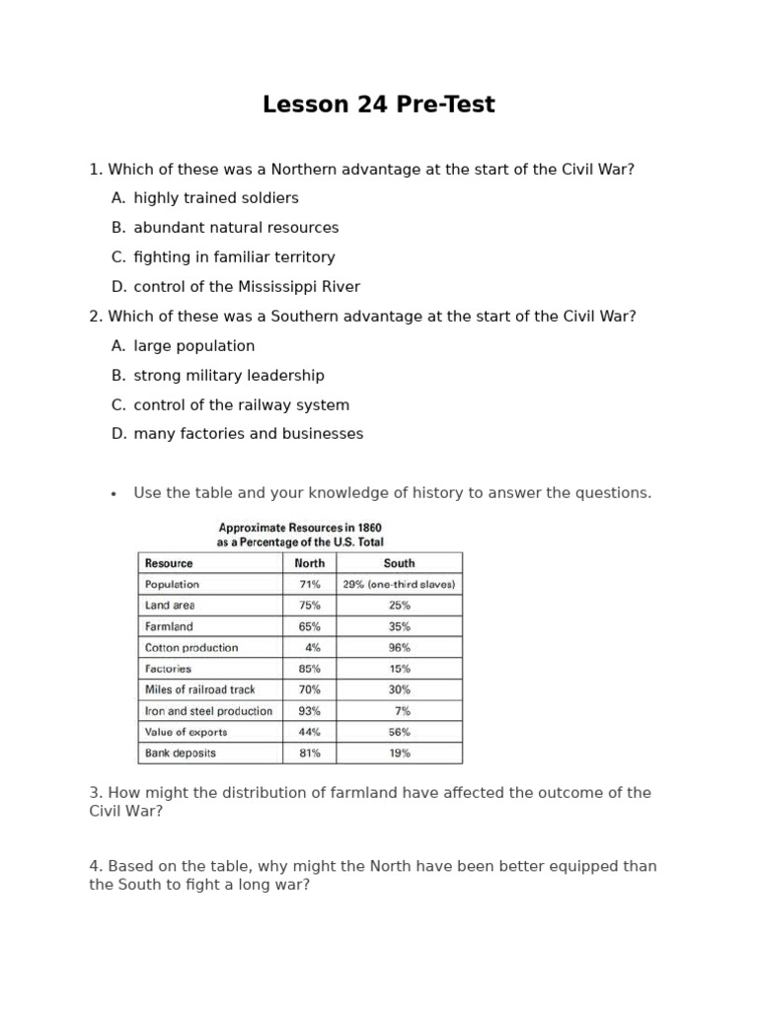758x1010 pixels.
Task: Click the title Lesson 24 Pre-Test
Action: point(379,105)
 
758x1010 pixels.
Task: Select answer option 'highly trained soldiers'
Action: point(216,198)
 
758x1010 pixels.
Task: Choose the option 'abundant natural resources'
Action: point(236,228)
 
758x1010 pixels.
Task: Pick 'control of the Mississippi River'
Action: point(247,287)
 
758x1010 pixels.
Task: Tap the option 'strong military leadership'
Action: point(229,376)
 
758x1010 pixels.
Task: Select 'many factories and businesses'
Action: point(249,434)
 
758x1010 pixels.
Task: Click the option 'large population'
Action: point(194,346)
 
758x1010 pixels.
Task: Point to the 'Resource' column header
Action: point(169,563)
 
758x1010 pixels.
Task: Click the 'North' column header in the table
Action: point(310,563)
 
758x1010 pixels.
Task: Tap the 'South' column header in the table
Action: point(399,563)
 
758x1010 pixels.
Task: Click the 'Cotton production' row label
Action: point(191,648)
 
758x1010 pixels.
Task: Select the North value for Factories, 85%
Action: point(309,669)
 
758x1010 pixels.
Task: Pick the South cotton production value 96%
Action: point(400,648)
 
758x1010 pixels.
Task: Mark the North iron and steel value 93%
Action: point(309,711)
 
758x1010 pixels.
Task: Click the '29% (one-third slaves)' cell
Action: point(399,585)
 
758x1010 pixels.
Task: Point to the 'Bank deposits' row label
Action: point(181,754)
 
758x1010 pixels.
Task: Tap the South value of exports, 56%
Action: point(400,732)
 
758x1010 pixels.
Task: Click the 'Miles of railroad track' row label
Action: point(200,689)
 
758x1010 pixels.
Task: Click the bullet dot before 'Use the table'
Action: point(114,494)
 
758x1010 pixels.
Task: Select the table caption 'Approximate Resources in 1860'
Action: point(300,528)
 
